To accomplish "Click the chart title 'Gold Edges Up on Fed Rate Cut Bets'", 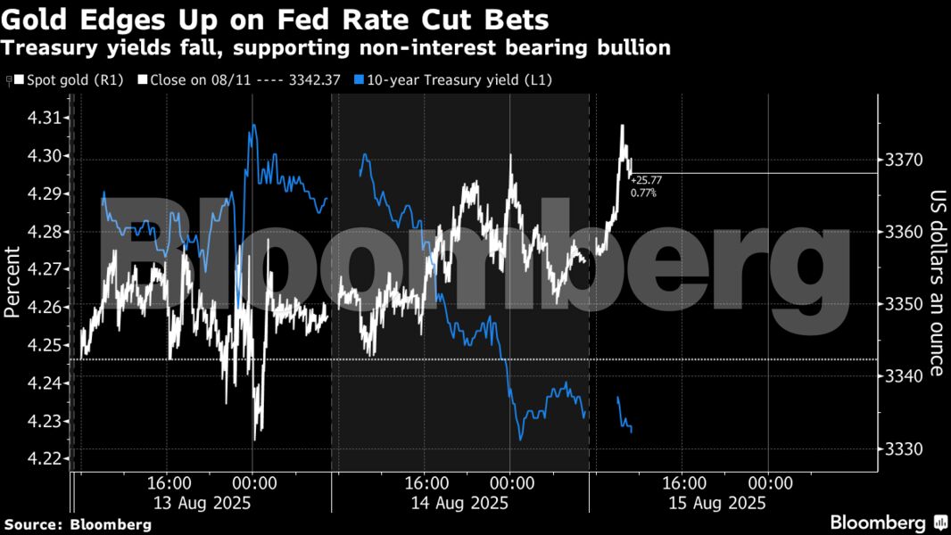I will point(276,19).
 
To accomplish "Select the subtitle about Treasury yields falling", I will point(337,47).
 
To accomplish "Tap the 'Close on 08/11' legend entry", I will point(240,80).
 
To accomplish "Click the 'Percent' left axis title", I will point(12,282).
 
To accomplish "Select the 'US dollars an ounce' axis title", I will point(937,283).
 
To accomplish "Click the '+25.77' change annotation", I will point(646,180).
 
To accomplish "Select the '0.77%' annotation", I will point(642,193).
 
